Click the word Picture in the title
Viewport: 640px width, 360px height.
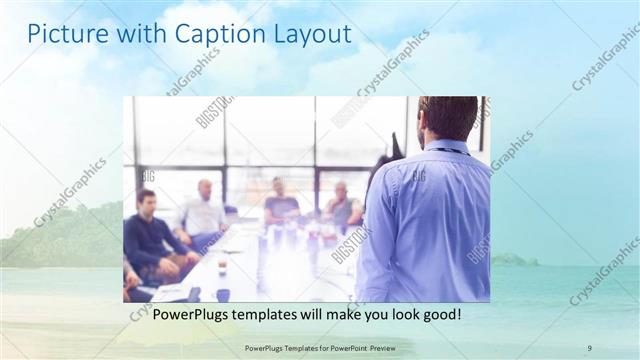tap(63, 35)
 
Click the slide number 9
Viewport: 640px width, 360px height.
tap(590, 347)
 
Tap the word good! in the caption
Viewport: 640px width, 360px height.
tap(440, 314)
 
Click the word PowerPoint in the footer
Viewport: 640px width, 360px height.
tap(343, 347)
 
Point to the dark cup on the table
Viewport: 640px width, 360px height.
tap(222, 293)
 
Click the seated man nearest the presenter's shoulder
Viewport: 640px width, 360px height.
tap(342, 206)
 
